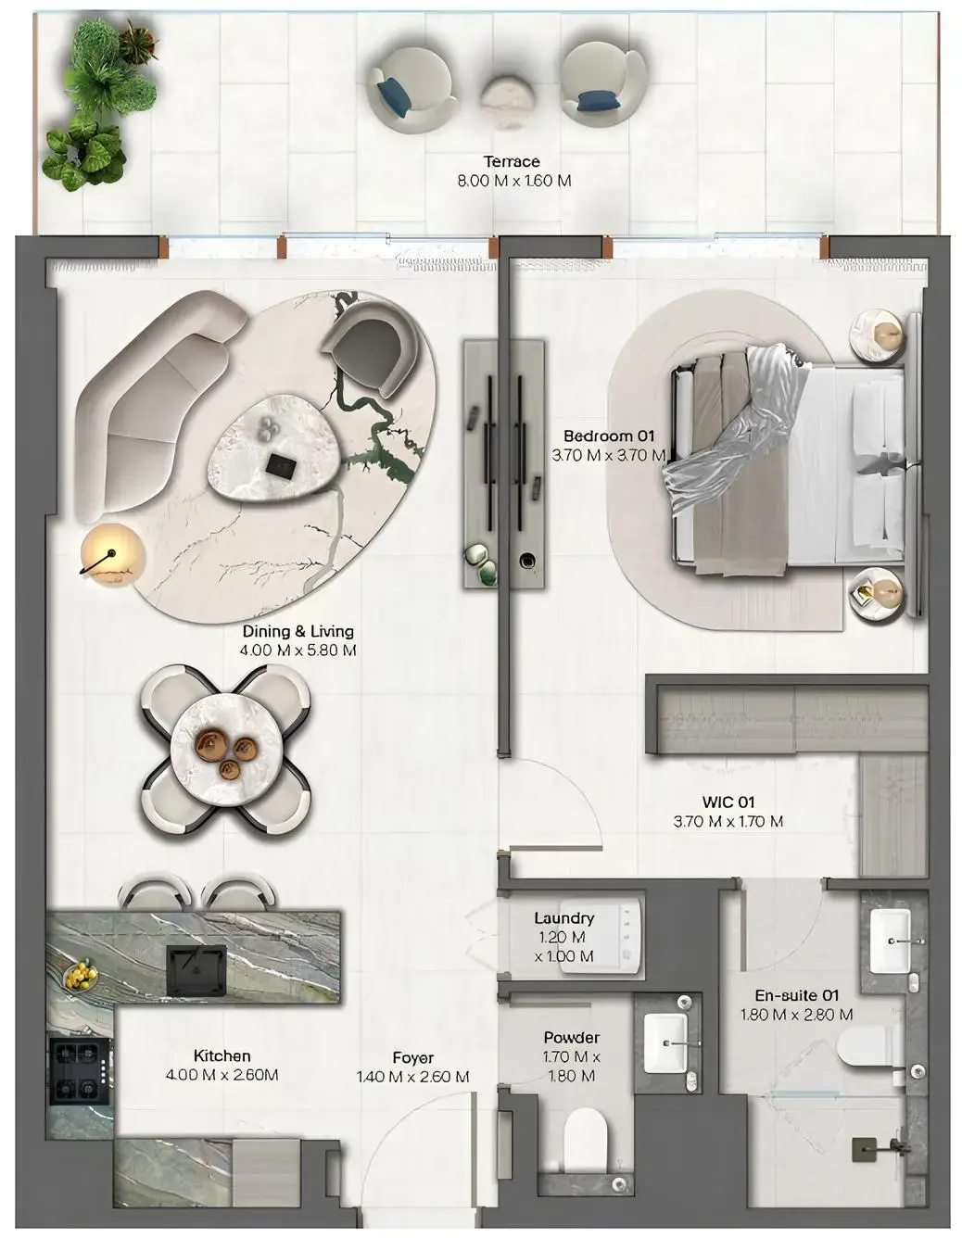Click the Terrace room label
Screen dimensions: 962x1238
[512, 161]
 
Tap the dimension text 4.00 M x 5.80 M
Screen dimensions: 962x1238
[297, 651]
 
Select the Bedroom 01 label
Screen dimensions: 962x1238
[609, 436]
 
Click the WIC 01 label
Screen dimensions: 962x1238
[728, 802]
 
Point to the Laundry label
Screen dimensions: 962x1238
[563, 918]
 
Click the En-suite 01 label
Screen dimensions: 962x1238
[796, 995]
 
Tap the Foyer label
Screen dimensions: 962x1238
[413, 1057]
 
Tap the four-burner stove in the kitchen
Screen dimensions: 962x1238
[81, 1071]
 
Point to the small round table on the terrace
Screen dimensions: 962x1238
[505, 101]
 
